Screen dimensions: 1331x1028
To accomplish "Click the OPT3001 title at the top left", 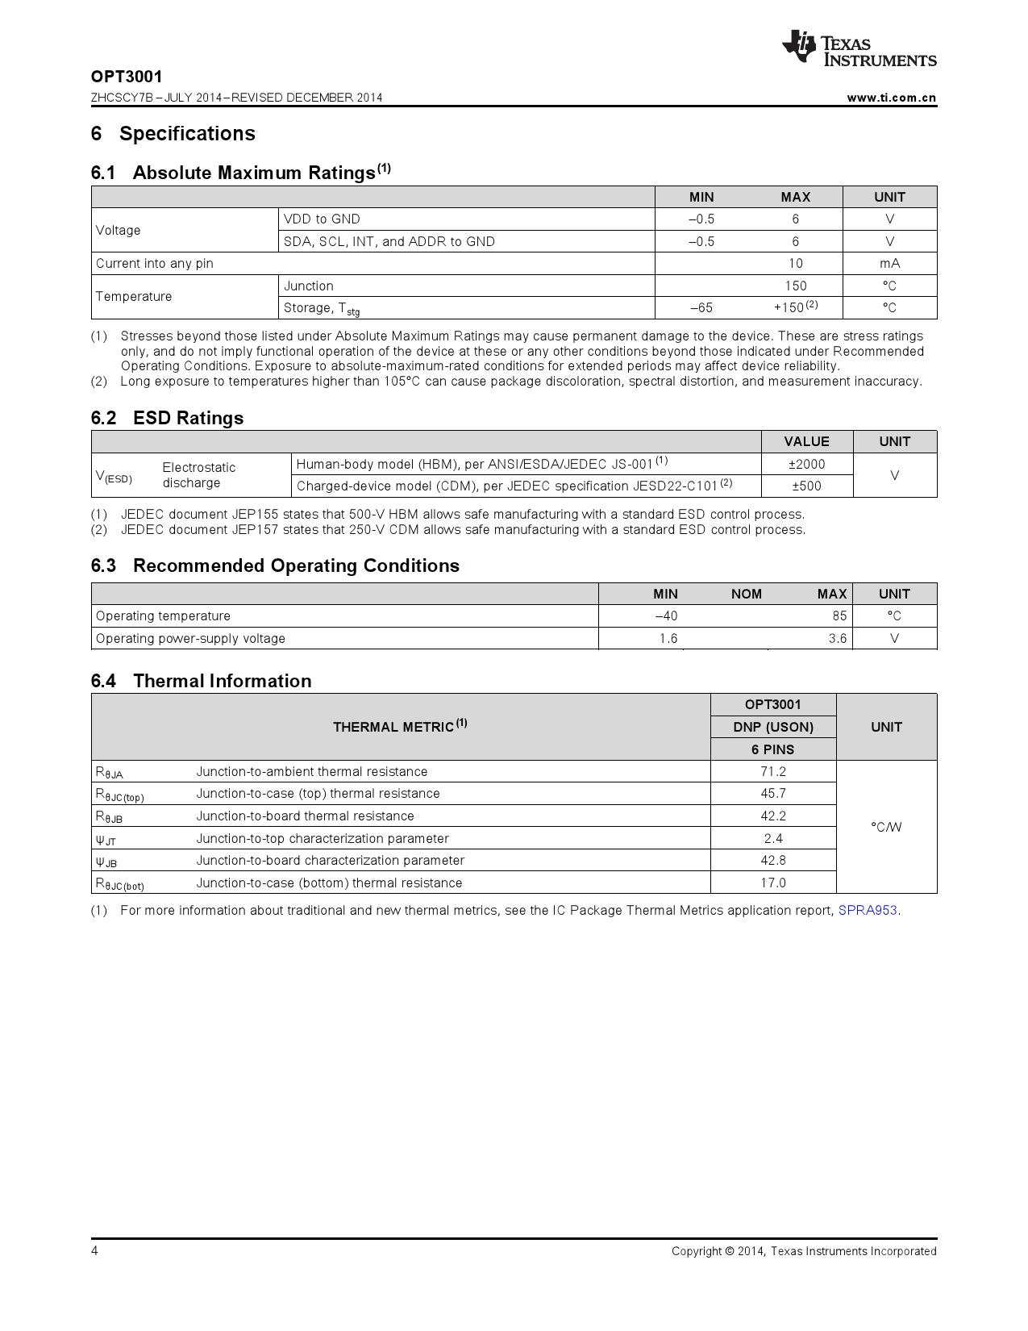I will coord(127,77).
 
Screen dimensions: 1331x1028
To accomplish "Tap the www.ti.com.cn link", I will coord(891,98).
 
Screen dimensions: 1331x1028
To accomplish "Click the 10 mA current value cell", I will coord(795,264).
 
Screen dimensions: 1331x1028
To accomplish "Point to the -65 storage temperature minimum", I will coord(701,308).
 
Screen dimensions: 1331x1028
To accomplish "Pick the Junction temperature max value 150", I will coord(795,286).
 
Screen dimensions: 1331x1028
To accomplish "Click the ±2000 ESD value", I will coord(806,464).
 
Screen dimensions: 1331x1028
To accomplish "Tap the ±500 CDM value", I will coord(806,486).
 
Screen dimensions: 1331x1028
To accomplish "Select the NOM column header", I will coord(746,594).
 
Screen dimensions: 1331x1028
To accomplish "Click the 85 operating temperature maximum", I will coord(839,616).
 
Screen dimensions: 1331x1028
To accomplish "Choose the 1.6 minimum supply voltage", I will coord(668,639).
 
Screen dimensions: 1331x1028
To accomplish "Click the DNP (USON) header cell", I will coord(772,727).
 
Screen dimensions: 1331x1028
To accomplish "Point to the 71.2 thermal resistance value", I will coord(772,772).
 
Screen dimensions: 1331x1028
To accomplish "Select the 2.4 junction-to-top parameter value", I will coord(772,839).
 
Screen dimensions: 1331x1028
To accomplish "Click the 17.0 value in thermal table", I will coord(772,883).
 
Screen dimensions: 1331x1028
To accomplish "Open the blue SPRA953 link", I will coord(868,911).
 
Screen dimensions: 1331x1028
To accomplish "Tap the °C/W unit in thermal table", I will coord(886,827).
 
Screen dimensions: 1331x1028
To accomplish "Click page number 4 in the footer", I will coord(95,1251).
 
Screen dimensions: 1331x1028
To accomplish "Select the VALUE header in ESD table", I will coord(806,441).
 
